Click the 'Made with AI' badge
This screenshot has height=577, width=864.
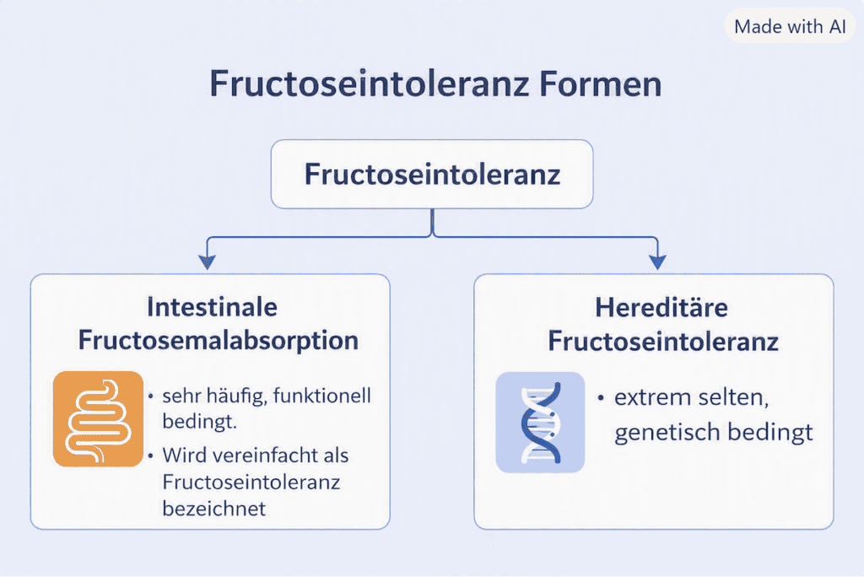790,26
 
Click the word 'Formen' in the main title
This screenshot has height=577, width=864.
600,84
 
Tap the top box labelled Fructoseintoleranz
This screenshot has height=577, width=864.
432,174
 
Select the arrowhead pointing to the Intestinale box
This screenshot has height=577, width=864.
208,262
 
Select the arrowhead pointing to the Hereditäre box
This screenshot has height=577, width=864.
657,262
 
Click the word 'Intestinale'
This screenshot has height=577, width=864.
212,307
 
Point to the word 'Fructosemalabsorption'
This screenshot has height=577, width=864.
219,341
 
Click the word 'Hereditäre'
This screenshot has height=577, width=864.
661,308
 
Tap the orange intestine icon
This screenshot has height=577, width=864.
98,419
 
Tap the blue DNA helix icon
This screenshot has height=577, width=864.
540,422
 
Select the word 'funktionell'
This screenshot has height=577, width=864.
321,396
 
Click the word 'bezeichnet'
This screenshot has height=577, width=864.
213,508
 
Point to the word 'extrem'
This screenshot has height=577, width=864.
647,397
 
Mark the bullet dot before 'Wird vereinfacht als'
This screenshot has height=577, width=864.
150,456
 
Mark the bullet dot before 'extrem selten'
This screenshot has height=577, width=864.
601,397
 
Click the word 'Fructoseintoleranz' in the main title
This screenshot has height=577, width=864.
370,84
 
